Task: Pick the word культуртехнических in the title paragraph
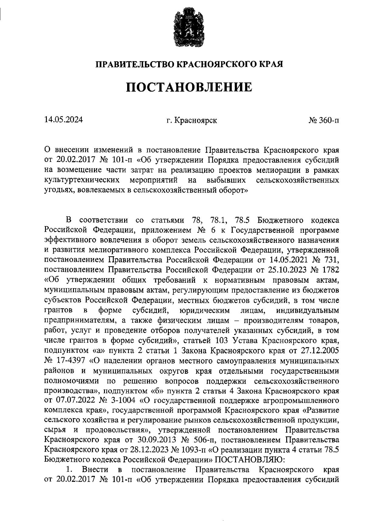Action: pyautogui.click(x=82, y=180)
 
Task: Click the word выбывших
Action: pyautogui.click(x=226, y=180)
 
